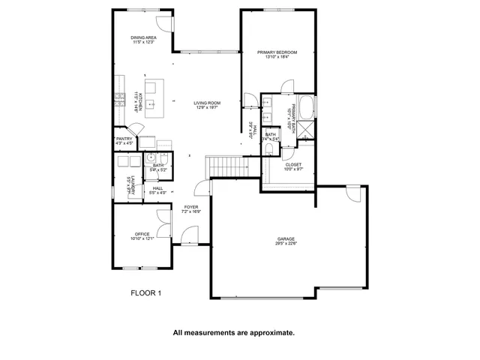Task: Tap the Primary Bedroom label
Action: tap(277, 52)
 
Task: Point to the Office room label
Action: tap(142, 234)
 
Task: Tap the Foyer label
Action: tap(190, 207)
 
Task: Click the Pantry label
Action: tap(124, 139)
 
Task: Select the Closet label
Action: tap(293, 164)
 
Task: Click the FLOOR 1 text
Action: tap(146, 293)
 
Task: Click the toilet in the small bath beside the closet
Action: tap(269, 149)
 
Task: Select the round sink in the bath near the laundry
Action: tap(151, 158)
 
